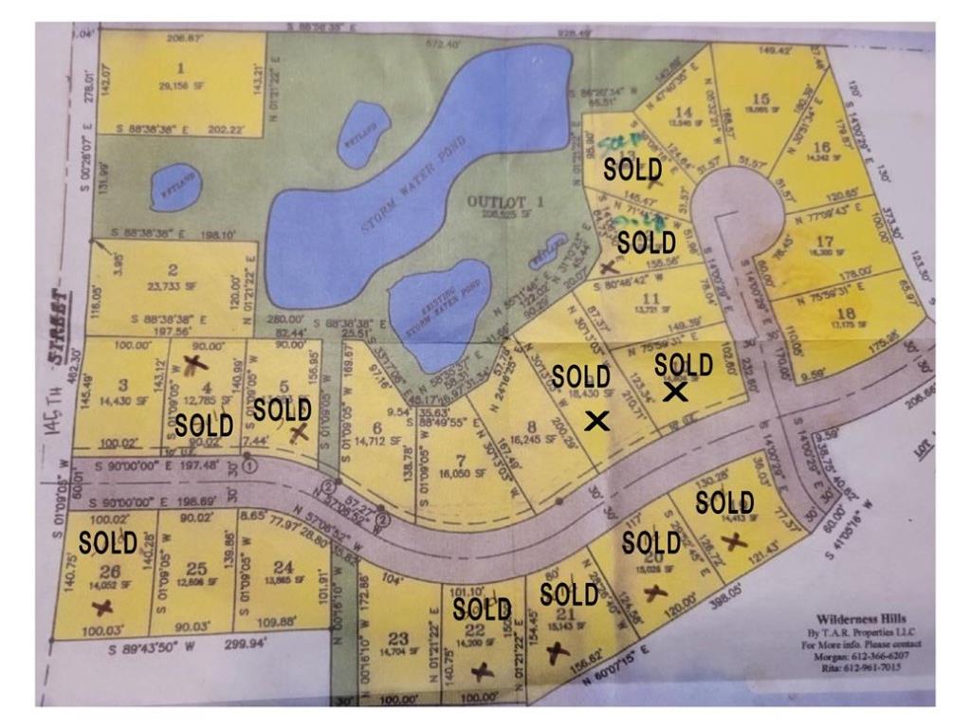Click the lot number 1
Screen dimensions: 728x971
tap(180, 69)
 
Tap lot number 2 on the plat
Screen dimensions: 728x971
tap(174, 270)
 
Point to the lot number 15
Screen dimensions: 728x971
tap(760, 99)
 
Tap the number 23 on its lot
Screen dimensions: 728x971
tap(397, 637)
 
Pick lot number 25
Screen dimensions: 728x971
tap(196, 569)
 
